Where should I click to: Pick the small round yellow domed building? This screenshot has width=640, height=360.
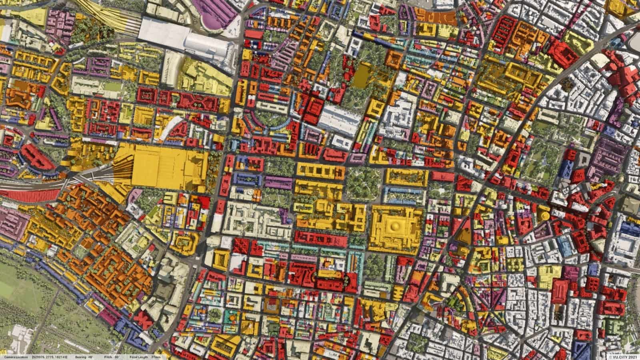pyautogui.click(x=544, y=215)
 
